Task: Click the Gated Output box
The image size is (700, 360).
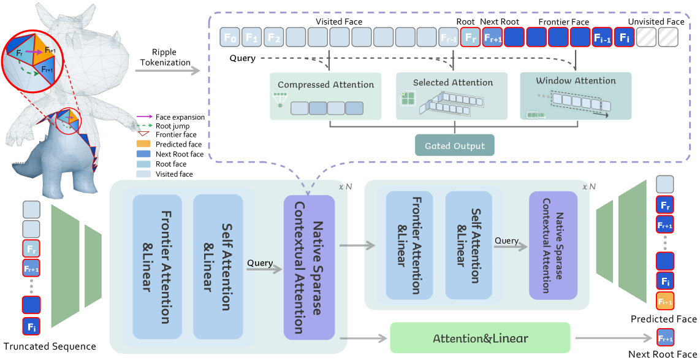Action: (454, 146)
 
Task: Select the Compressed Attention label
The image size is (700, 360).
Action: (325, 85)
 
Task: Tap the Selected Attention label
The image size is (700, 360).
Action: (452, 82)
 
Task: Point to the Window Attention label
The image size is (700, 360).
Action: (576, 80)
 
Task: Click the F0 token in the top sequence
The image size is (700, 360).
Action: (230, 38)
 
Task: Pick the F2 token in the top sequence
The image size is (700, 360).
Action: (274, 38)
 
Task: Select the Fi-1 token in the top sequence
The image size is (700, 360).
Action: (602, 38)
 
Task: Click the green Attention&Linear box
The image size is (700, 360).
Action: (480, 338)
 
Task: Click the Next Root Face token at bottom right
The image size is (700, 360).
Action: (665, 338)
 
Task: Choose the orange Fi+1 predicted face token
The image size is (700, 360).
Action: (665, 302)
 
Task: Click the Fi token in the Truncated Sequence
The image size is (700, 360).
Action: (32, 326)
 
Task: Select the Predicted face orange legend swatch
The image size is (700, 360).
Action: (144, 145)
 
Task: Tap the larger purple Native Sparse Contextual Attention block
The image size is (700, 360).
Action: (309, 267)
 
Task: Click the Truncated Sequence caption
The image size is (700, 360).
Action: (50, 347)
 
